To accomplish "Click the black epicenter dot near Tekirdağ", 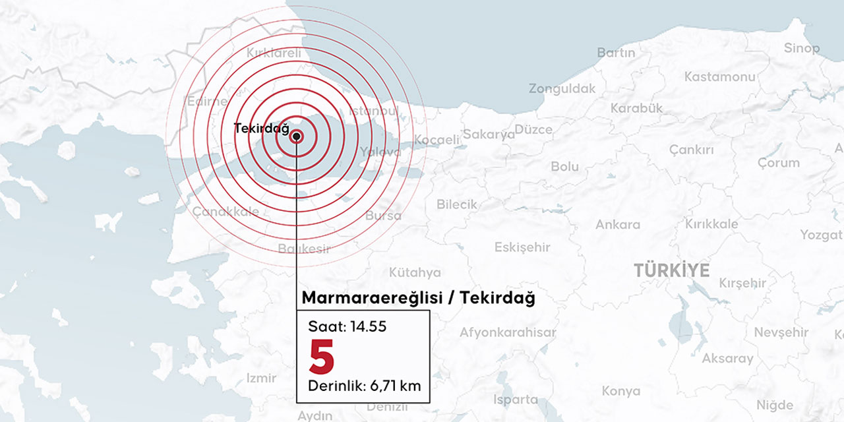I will coord(297,136).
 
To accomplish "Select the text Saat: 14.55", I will coord(347,326).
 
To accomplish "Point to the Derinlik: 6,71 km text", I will coord(364,385).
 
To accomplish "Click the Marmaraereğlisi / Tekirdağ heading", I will coord(418,298).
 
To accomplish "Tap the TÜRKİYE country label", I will coord(672,270).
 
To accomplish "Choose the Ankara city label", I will coord(618,224).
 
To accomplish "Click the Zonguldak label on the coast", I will coord(562,88).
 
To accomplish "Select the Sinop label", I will coord(802,48).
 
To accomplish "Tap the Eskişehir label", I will coord(522,247).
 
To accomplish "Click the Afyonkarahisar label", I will coord(508,332).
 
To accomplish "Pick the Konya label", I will coord(620,391).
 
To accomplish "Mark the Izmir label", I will coord(261,378).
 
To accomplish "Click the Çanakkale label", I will coord(226,212).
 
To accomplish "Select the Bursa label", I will coord(383,216).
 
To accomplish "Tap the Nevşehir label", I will coord(781,332).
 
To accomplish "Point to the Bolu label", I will coord(564,167).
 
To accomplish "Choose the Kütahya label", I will coord(415,272).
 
